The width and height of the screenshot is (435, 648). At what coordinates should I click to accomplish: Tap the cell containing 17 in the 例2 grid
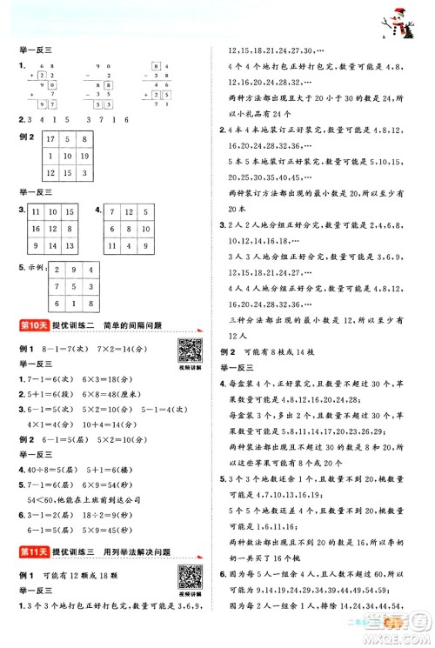(50, 140)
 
